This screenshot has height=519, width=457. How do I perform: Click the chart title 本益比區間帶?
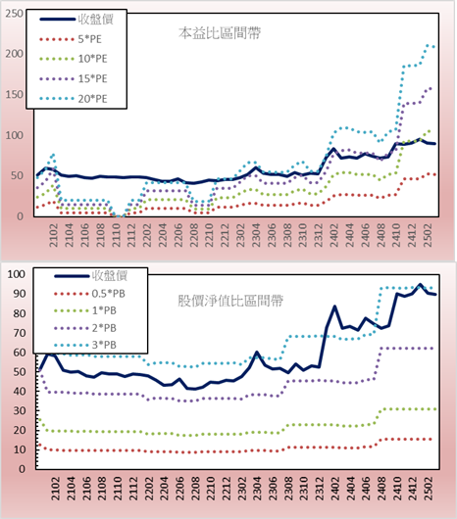(x=220, y=33)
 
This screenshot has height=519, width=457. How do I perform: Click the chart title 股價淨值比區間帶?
(x=230, y=302)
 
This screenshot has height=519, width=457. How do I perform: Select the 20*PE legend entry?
(x=74, y=99)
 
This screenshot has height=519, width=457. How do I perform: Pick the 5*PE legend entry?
(x=71, y=39)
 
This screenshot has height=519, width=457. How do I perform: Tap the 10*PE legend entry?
(x=74, y=59)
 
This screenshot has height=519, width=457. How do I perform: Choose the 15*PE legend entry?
(x=74, y=78)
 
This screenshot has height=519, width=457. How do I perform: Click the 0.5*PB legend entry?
(x=89, y=294)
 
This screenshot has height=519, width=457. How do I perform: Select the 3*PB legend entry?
(x=85, y=345)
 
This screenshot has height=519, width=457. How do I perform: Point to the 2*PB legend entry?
(x=85, y=328)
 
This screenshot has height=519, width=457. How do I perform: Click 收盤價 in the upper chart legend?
(x=76, y=20)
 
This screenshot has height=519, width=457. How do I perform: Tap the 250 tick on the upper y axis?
(x=15, y=14)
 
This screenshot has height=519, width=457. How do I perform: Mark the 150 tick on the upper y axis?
(x=15, y=95)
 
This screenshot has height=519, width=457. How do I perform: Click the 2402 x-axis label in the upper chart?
(x=333, y=235)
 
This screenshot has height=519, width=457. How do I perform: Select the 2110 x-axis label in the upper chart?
(x=116, y=235)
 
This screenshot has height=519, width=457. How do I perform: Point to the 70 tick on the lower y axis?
(x=19, y=333)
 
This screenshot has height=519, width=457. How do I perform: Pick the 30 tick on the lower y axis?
(x=19, y=410)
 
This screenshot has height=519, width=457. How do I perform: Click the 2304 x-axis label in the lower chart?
(x=258, y=489)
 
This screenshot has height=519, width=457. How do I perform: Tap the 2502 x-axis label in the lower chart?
(x=430, y=489)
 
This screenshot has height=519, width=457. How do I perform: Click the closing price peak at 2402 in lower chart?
(x=334, y=307)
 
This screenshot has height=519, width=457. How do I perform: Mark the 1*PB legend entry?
(x=85, y=310)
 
